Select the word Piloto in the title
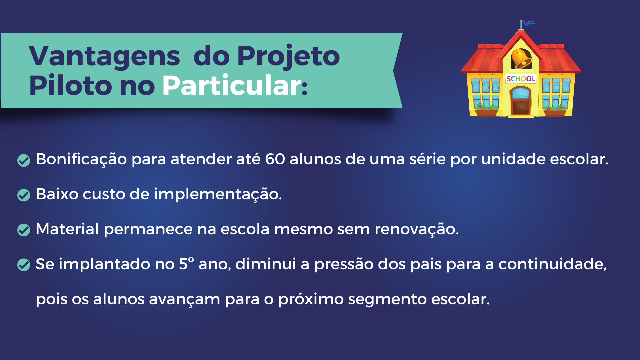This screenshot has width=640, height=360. point(70,85)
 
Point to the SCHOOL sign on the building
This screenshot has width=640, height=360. point(521,79)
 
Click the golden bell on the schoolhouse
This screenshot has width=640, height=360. point(521,59)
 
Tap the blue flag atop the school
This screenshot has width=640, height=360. point(528,23)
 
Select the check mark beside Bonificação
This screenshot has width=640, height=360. point(24,160)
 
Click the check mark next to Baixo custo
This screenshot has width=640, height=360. point(24,195)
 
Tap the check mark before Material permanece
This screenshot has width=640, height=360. point(24,230)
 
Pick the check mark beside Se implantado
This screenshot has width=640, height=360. point(24,265)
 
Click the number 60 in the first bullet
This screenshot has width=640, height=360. point(275,159)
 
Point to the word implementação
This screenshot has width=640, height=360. point(218,194)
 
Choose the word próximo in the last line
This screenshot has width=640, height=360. point(311,299)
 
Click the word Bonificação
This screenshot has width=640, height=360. point(81,159)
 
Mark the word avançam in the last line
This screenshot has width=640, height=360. point(185,300)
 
